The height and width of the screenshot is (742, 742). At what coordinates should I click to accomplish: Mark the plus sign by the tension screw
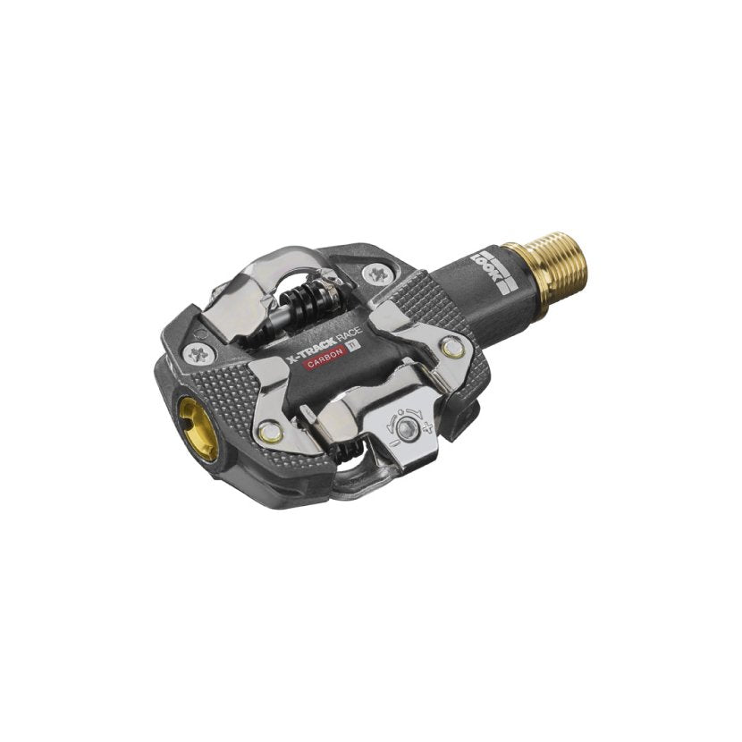pyautogui.click(x=431, y=430)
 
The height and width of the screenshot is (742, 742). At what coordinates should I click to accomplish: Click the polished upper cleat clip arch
pyautogui.click(x=268, y=268)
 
